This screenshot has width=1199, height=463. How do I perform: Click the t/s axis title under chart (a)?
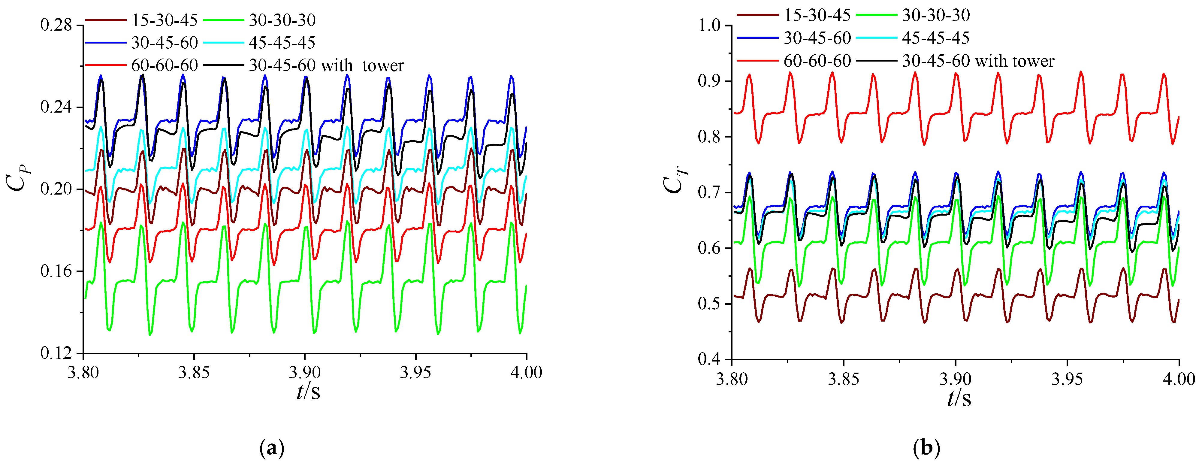[308, 392]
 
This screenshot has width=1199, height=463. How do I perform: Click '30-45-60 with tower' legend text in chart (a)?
[326, 65]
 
